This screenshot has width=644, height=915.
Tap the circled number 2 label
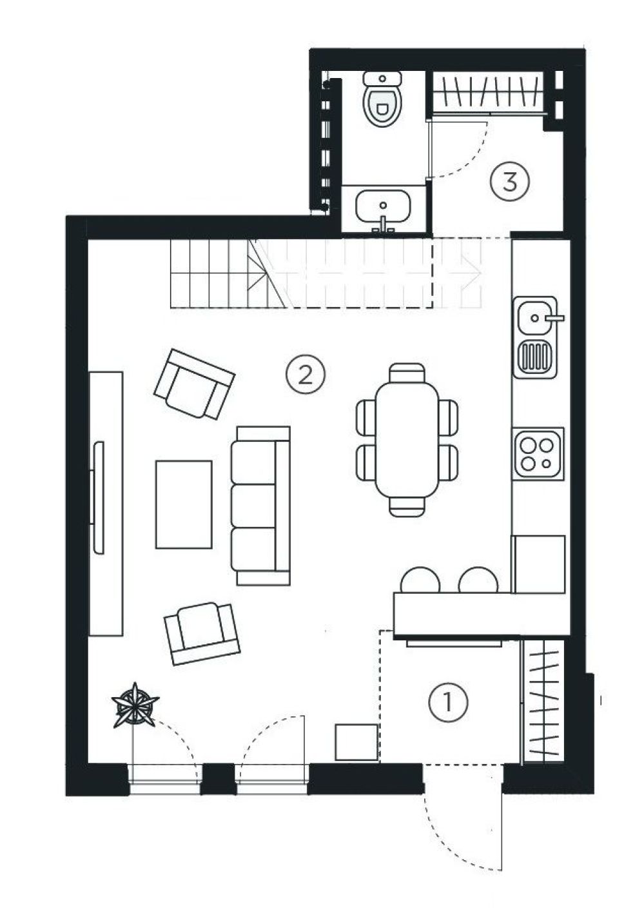[x=306, y=375]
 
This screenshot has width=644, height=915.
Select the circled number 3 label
[x=509, y=181]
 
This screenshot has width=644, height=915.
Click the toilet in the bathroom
[x=383, y=99]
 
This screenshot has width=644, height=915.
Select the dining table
[x=407, y=440]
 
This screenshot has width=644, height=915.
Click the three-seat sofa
[x=261, y=506]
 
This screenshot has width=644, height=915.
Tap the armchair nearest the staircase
[x=195, y=384]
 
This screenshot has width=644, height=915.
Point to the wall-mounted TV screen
[x=98, y=498]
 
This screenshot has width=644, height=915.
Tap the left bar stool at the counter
[x=420, y=580]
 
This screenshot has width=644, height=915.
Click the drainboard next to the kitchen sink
[x=535, y=355]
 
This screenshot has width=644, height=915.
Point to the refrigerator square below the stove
[x=539, y=564]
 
